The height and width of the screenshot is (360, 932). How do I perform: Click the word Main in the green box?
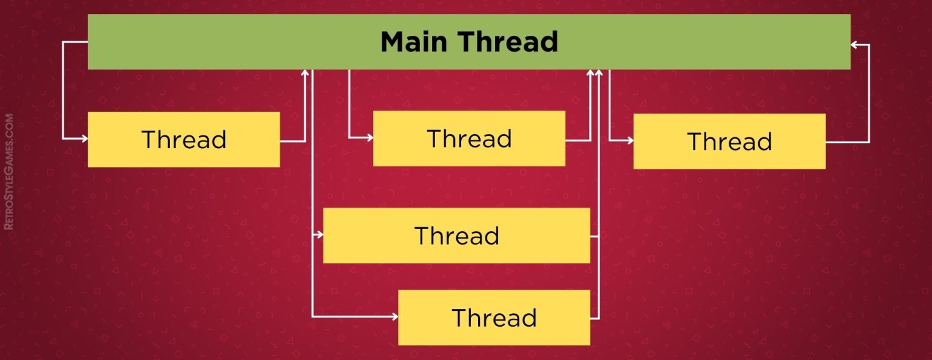(414, 42)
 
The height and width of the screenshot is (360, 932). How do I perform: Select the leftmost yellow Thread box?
(183, 139)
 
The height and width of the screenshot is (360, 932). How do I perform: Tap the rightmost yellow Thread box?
(729, 141)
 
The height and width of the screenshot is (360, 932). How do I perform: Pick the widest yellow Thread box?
(456, 236)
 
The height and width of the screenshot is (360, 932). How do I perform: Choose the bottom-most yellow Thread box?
(494, 318)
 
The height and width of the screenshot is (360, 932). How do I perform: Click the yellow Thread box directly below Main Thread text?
(468, 138)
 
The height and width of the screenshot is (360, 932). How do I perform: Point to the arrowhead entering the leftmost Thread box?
(84, 139)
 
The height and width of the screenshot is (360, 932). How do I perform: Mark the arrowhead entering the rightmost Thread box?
(630, 141)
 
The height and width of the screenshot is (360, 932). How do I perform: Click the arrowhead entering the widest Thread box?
(319, 235)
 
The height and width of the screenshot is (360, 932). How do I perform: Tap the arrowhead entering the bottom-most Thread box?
(394, 317)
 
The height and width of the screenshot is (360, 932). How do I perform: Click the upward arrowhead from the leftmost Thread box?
(305, 73)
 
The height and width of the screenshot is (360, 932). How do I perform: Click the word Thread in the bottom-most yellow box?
(494, 318)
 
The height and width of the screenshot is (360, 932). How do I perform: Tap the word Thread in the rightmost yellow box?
(729, 141)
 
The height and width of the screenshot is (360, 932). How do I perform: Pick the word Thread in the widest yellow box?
(456, 236)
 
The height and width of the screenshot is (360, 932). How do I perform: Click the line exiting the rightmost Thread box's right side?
(847, 142)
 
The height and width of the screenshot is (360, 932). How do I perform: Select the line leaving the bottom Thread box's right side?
(595, 318)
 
